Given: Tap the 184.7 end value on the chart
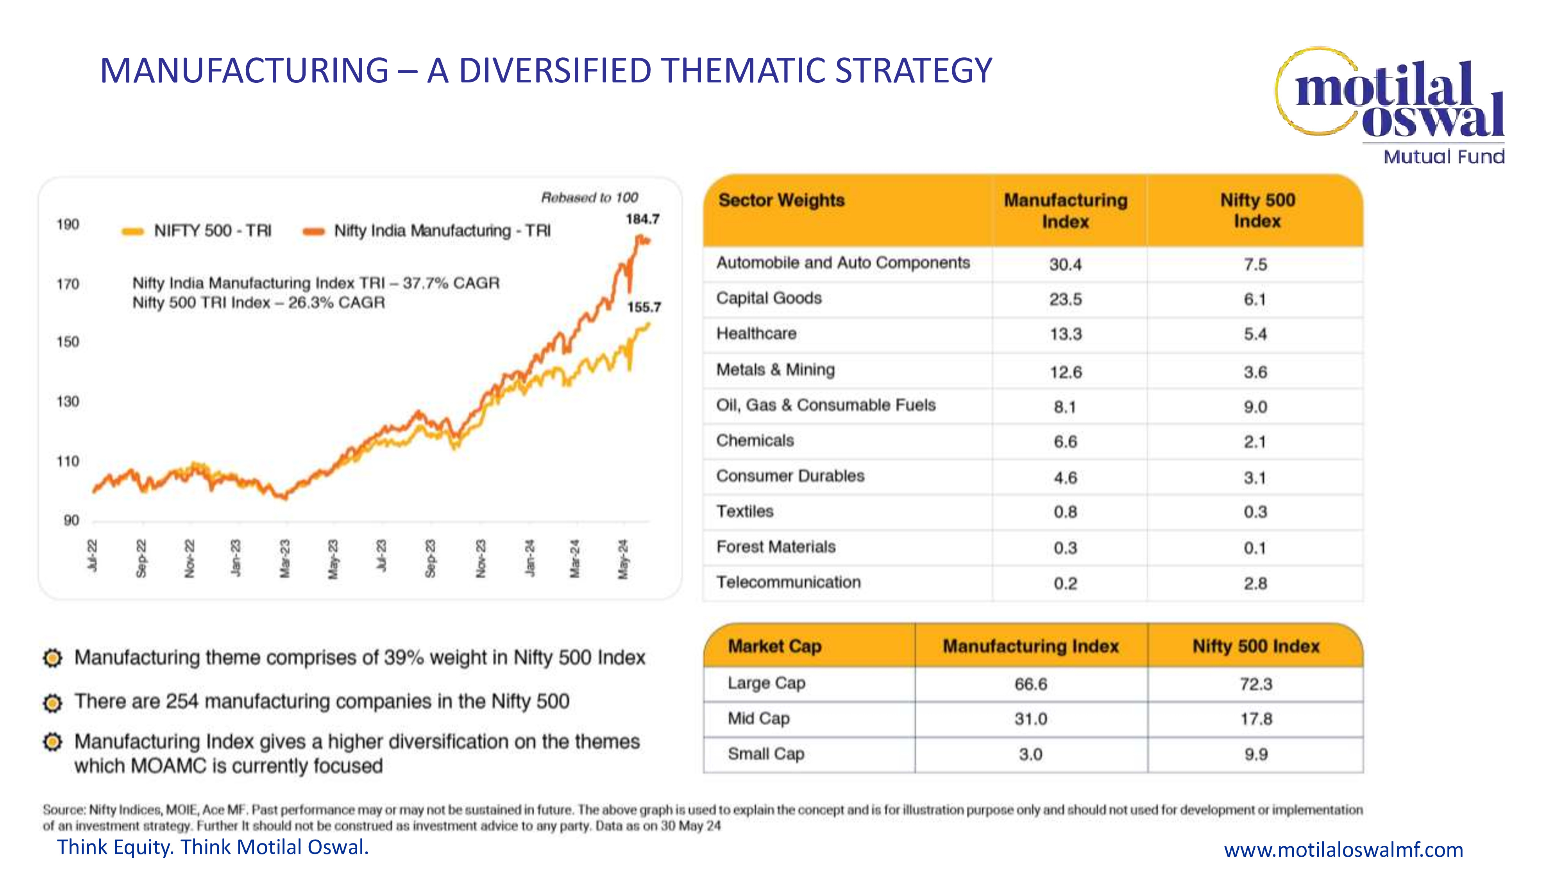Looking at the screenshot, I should click(x=642, y=219).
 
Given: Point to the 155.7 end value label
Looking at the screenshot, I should click(x=644, y=307).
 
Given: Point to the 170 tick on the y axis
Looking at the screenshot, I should click(x=68, y=284).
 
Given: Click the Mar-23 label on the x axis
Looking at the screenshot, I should click(x=284, y=558).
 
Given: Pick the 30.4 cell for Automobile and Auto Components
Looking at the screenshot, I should click(x=1066, y=264).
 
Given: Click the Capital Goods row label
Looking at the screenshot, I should click(x=769, y=298).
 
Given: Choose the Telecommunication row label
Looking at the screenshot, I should click(x=788, y=582).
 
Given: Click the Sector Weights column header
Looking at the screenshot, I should click(x=781, y=200).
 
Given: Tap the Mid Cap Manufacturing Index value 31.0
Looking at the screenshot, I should click(x=1031, y=719).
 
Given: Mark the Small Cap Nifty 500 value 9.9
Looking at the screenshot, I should click(x=1255, y=754).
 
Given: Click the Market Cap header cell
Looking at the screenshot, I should click(x=775, y=647).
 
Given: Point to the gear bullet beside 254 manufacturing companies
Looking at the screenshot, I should click(x=53, y=702).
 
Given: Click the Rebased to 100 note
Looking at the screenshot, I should click(x=589, y=198).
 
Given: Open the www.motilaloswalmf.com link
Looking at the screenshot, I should click(x=1343, y=849).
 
